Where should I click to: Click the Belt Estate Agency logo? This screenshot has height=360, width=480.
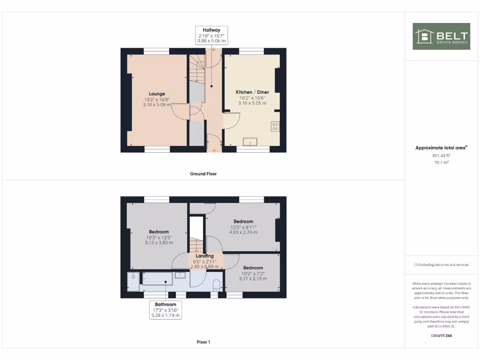point(441,36)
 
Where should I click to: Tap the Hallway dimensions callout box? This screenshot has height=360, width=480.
point(211,36)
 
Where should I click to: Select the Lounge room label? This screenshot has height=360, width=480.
point(157,94)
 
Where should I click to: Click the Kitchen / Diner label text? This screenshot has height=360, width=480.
point(251,92)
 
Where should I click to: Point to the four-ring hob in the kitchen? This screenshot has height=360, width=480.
point(275,126)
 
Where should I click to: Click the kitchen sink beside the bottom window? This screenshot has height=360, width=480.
point(250,142)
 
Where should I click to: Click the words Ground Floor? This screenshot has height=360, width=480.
point(203,174)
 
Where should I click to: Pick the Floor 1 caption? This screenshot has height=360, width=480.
point(203,342)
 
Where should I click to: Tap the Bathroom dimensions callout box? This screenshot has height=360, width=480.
point(165,310)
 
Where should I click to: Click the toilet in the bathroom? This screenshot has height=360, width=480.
point(217,285)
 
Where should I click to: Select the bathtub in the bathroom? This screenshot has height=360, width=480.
point(157,278)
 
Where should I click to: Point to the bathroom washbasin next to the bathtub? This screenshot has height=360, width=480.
point(180,276)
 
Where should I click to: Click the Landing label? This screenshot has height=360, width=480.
point(204,256)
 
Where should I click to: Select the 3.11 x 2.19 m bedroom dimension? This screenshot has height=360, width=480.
point(253,278)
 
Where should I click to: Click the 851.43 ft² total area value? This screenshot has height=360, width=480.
point(441,155)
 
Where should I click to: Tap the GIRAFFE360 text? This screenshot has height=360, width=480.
point(441,336)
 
